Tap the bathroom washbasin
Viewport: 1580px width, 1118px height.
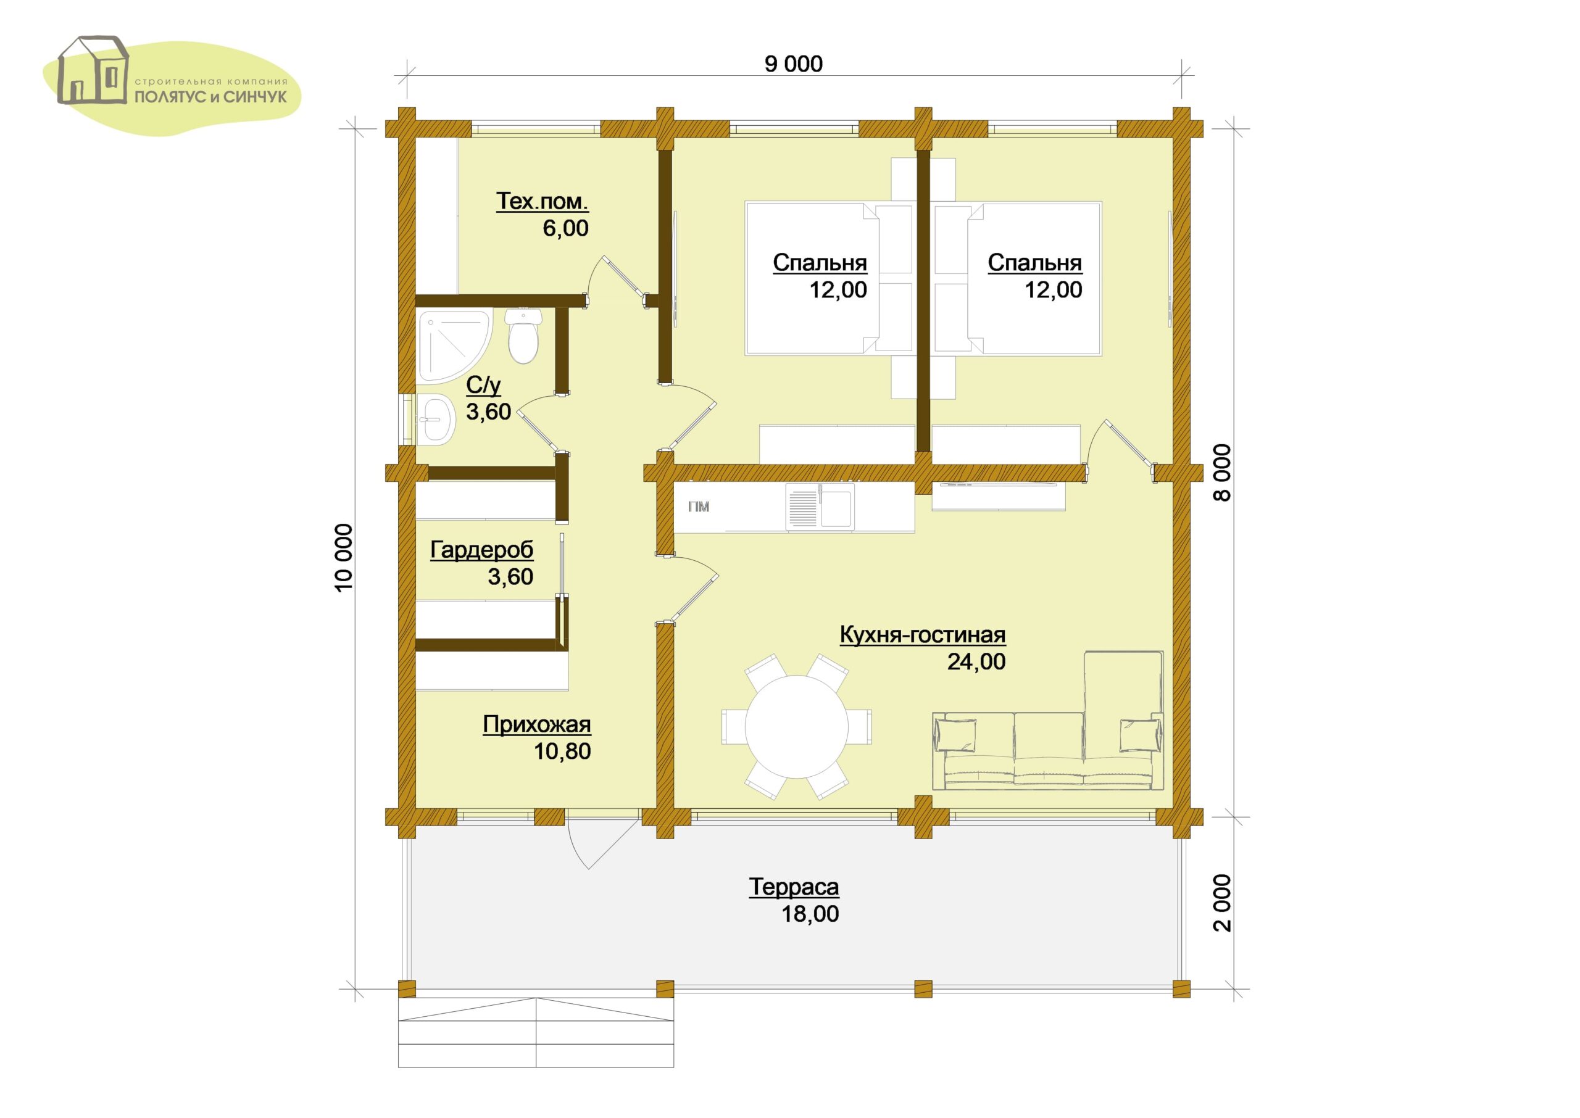(436, 418)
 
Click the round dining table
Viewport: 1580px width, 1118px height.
(797, 727)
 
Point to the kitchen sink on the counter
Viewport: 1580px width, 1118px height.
(821, 507)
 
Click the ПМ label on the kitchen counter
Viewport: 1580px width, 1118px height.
(699, 507)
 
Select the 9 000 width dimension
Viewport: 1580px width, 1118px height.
(793, 64)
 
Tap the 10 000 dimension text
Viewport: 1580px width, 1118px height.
(344, 557)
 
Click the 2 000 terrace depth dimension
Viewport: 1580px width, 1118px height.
(1222, 903)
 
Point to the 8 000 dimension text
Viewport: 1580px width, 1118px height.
(1222, 472)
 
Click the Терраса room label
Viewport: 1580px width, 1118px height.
(794, 887)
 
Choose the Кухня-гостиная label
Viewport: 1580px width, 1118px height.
(923, 634)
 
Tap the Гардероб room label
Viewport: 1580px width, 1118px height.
(482, 549)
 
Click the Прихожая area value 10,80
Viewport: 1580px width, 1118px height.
(562, 751)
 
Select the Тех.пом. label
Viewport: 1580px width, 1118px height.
(543, 201)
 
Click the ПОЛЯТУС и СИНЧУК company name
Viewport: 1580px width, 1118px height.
(210, 97)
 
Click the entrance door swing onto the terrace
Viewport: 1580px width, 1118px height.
(603, 843)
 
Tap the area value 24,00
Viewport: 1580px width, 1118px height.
(976, 661)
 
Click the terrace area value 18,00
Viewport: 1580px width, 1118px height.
(810, 914)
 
